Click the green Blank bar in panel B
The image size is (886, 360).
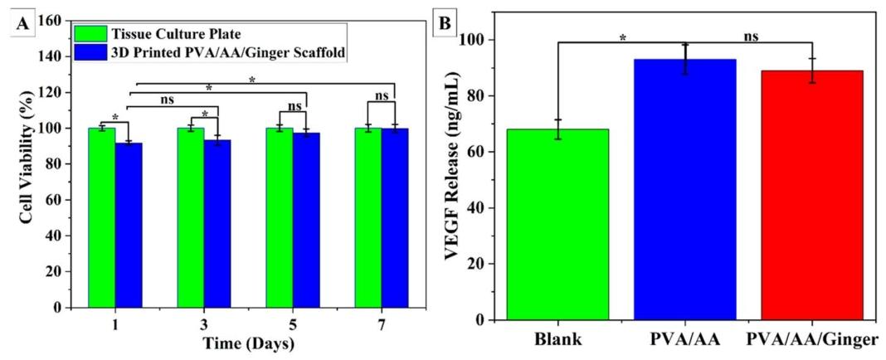pos(557,224)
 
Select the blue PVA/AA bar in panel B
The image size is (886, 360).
pos(685,189)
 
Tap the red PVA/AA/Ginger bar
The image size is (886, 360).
pos(812,195)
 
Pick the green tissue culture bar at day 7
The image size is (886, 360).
pos(368,218)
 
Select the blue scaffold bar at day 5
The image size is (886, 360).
pos(306,221)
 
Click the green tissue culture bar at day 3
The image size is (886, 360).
pos(191,218)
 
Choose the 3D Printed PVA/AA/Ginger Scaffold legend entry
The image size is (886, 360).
pos(210,52)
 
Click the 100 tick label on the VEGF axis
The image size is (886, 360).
pos(473,40)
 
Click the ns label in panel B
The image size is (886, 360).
pos(750,36)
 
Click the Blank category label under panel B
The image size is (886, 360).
pos(558,340)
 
